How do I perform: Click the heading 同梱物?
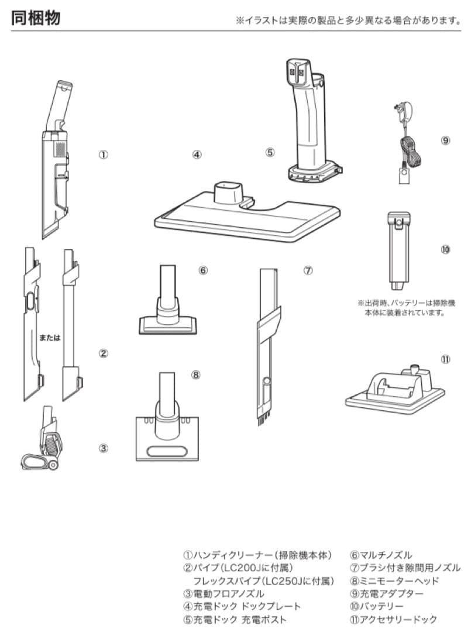[x=36, y=18]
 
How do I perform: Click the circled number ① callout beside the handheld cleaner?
[x=104, y=154]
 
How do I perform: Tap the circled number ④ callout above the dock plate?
[x=197, y=154]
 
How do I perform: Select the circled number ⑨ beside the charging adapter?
[x=445, y=140]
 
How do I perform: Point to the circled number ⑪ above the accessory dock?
[x=445, y=359]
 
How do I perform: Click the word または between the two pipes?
[x=50, y=338]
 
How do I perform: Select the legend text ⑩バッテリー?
[x=377, y=606]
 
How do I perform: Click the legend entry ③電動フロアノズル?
[x=224, y=593]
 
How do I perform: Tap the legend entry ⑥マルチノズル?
[x=381, y=555]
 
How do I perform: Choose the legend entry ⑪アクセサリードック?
[x=394, y=619]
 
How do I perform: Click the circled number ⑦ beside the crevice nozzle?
[x=308, y=270]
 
